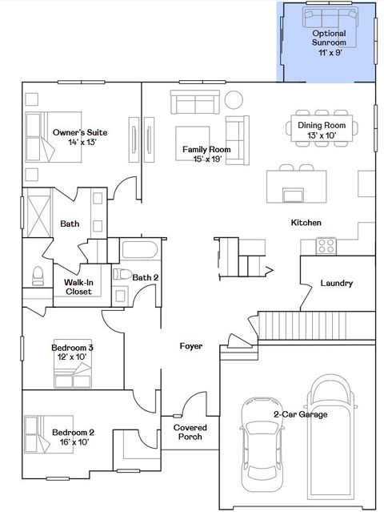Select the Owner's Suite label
pyautogui.click(x=80, y=137)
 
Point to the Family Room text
pyautogui.click(x=206, y=154)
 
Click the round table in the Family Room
pyautogui.click(x=234, y=100)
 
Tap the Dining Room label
pyautogui.click(x=322, y=130)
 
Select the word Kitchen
pyautogui.click(x=306, y=222)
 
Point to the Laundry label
pyautogui.click(x=337, y=283)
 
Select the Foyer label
pyautogui.click(x=190, y=346)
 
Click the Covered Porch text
pyautogui.click(x=190, y=433)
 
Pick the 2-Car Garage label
pyautogui.click(x=300, y=415)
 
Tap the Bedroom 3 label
pyautogui.click(x=72, y=352)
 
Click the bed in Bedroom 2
pyautogui.click(x=41, y=437)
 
